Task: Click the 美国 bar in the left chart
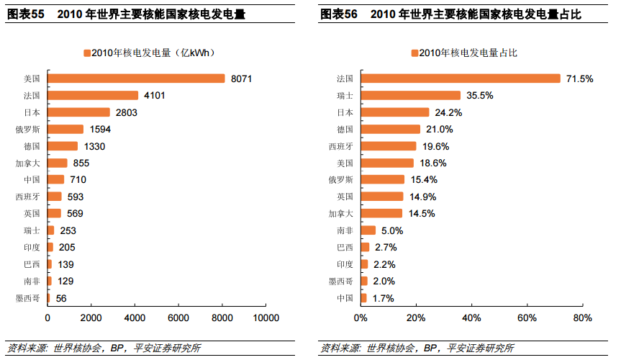click(136, 78)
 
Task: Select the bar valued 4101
click(93, 95)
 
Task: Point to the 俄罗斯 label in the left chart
click(28, 130)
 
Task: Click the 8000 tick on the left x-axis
click(222, 318)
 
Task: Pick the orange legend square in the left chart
click(87, 53)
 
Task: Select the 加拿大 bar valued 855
click(58, 163)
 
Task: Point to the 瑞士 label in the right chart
click(345, 95)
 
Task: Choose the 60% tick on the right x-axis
click(527, 318)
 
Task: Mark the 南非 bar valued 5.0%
click(368, 230)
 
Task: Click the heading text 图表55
click(26, 14)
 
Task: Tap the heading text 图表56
click(340, 14)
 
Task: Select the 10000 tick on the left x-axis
click(266, 318)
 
